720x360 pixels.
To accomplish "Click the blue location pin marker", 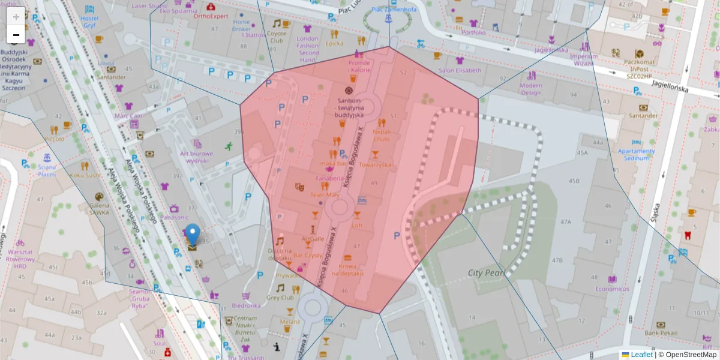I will pos(193,233).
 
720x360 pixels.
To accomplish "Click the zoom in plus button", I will pos(16,16).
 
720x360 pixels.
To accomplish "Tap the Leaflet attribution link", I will pos(641,355).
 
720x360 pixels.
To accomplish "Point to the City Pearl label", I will pos(487,273).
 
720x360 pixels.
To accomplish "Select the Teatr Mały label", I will pos(325,194).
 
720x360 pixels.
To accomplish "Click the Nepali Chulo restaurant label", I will pos(381,135).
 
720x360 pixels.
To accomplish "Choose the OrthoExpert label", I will pos(211,16).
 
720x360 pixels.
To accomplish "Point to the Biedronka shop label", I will pos(246,305).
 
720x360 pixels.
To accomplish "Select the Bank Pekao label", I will pos(660,332).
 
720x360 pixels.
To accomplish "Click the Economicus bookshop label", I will pos(611,289).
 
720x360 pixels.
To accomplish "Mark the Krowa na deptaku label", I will pos(351,269).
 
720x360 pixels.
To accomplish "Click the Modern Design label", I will pos(530,89).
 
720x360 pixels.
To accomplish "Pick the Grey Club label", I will pos(280,298).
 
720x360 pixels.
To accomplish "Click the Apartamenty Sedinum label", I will pos(636,155).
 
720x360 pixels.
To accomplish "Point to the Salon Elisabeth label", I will pos(460,70).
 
